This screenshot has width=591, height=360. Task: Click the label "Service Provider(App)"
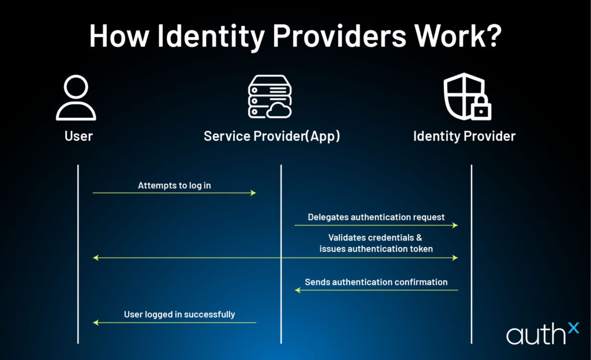click(272, 137)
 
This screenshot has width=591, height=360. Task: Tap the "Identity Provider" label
click(464, 137)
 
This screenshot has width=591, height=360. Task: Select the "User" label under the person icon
click(78, 137)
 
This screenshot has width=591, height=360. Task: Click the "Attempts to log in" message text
click(174, 185)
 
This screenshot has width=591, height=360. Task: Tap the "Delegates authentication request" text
click(376, 217)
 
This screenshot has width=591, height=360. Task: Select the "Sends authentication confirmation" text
click(376, 282)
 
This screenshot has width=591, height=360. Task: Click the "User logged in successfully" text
click(179, 314)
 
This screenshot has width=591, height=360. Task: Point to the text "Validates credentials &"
click(376, 238)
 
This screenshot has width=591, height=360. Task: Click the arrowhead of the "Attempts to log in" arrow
click(253, 193)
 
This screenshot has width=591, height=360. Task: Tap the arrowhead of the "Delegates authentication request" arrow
click(455, 225)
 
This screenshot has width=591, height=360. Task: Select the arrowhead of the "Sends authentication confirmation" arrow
click(298, 290)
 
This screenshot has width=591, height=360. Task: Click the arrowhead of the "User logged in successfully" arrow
click(96, 322)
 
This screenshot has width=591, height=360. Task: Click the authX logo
click(541, 333)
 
